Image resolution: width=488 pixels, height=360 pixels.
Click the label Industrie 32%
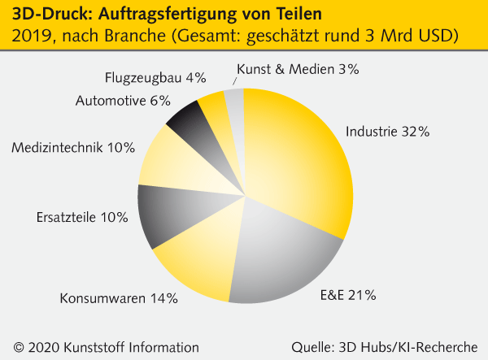tap(387, 131)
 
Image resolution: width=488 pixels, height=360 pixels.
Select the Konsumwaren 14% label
tap(119, 298)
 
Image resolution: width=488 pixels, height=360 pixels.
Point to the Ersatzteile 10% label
tap(82, 217)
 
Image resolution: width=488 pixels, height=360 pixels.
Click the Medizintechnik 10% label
tap(73, 147)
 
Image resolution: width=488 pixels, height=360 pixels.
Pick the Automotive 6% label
tap(123, 101)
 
